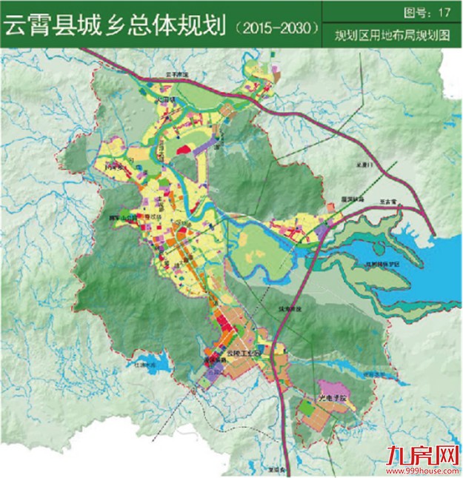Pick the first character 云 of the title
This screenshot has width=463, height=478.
point(16,27)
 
